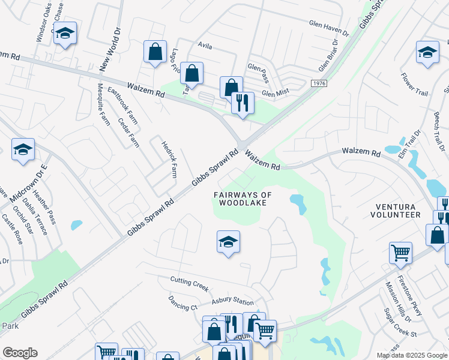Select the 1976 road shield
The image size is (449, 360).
pyautogui.click(x=319, y=84)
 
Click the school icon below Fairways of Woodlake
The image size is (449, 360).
pyautogui.click(x=228, y=242)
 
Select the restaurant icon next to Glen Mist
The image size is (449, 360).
pyautogui.click(x=243, y=103)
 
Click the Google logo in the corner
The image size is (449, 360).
pyautogui.click(x=20, y=353)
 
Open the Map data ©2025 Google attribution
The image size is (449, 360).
pyautogui.click(x=411, y=355)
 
